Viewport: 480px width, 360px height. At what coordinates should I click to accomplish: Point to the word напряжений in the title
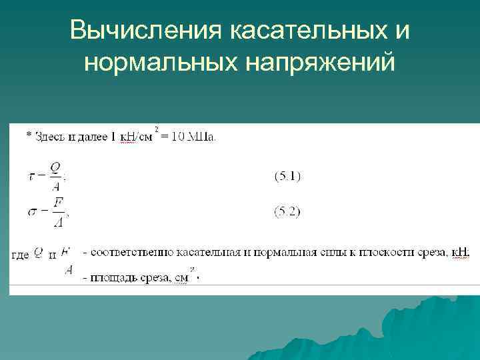point(320,63)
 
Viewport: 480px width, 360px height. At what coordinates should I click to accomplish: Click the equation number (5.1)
point(288,177)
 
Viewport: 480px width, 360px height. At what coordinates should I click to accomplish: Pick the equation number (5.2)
point(288,212)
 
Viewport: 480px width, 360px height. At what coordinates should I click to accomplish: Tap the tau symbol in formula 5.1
point(32,176)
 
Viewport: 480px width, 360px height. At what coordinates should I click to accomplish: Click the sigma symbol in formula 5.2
point(32,212)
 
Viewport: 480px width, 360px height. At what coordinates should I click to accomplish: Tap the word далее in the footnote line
point(89,137)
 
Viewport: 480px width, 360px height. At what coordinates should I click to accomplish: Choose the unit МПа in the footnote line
point(202,137)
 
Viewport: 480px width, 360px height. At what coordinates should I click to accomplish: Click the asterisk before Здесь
point(28,136)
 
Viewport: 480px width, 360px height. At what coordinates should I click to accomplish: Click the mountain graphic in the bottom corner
point(400,333)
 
